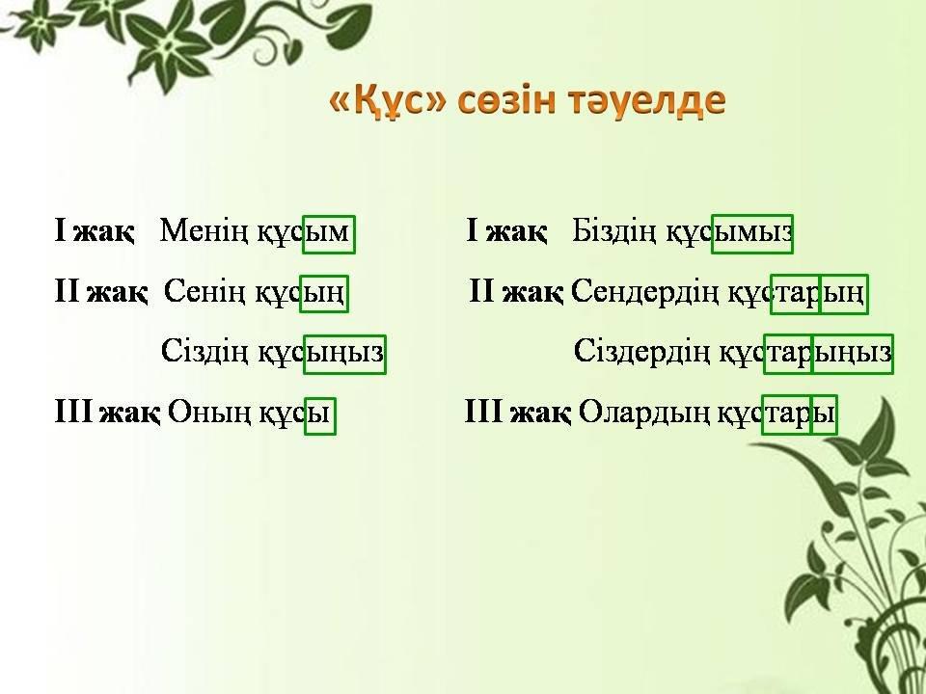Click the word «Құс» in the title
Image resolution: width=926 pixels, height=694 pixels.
[x=387, y=101]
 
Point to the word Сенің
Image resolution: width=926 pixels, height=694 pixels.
[x=204, y=291]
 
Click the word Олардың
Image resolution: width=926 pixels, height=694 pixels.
[x=643, y=413]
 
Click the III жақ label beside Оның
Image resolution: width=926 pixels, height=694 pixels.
[x=107, y=412]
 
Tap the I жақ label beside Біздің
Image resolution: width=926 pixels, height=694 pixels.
[x=506, y=230]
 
